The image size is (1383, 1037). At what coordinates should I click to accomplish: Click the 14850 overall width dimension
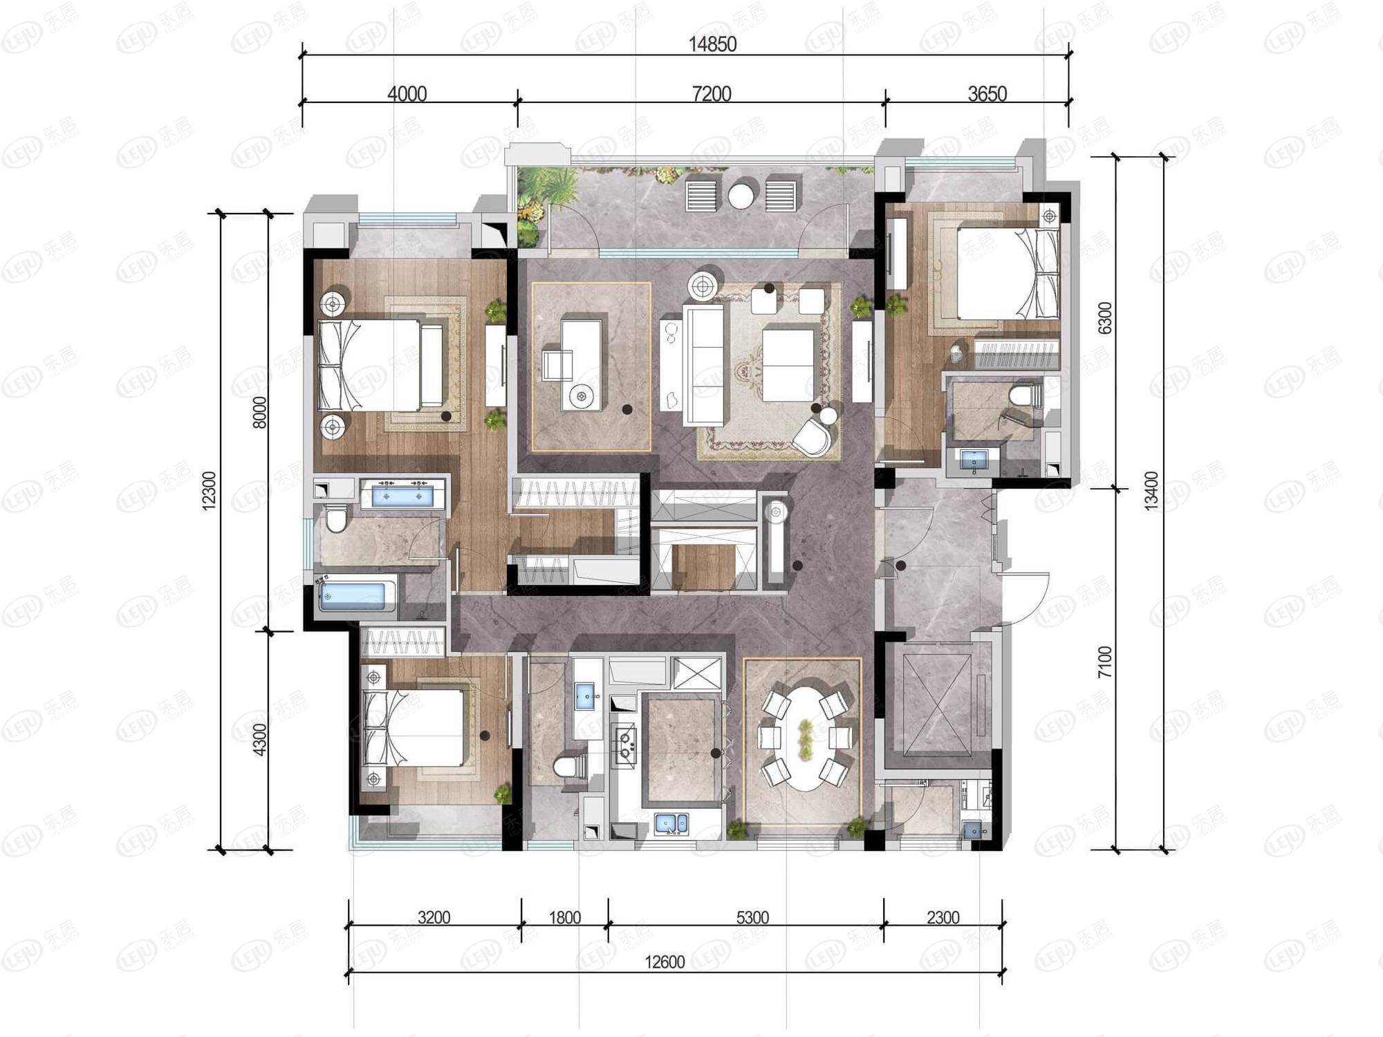712,44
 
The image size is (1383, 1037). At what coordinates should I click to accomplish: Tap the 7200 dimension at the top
712,93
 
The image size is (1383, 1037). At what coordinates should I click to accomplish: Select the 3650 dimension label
987,93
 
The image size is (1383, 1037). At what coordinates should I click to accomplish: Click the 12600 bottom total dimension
665,962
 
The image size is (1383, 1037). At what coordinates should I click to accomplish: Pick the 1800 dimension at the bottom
565,917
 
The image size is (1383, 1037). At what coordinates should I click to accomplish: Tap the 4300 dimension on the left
259,739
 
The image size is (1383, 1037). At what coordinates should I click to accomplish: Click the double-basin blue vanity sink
402,495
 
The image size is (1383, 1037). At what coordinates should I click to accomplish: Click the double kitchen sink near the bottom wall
671,823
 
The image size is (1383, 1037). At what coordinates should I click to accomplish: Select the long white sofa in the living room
703,364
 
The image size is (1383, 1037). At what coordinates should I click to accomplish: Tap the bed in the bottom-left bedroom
414,727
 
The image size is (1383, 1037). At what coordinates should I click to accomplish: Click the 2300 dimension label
943,917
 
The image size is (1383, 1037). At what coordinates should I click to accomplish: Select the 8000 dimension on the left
259,412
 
